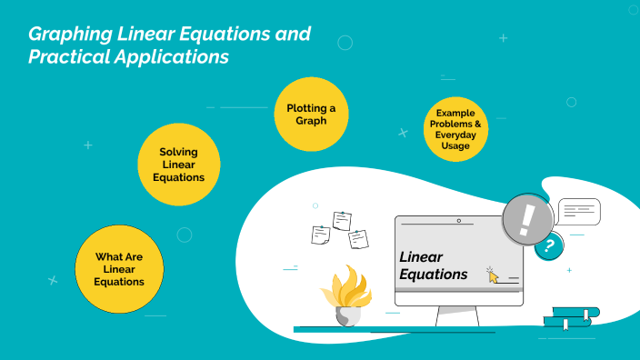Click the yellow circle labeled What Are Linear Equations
pyautogui.click(x=119, y=269)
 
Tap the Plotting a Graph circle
pyautogui.click(x=311, y=114)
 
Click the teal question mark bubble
pyautogui.click(x=547, y=245)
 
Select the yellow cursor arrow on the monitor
pyautogui.click(x=493, y=275)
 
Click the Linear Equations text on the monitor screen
pyautogui.click(x=433, y=265)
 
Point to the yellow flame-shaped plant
pyautogui.click(x=345, y=288)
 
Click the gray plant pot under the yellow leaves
pyautogui.click(x=347, y=316)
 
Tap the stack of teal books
pyautogui.click(x=570, y=316)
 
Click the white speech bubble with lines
pyautogui.click(x=578, y=211)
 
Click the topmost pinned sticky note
pyautogui.click(x=343, y=220)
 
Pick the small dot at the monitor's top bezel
pyautogui.click(x=458, y=221)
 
